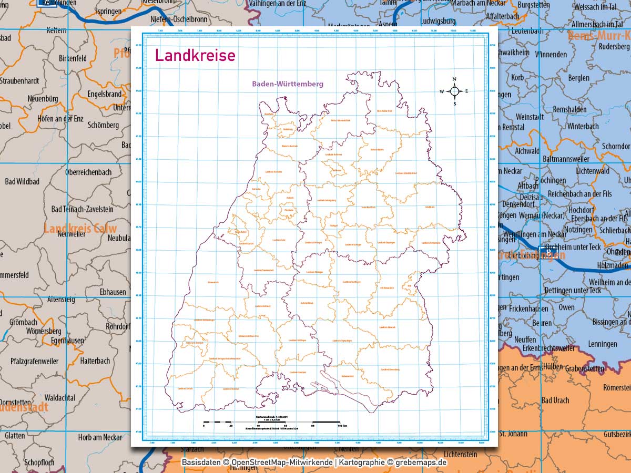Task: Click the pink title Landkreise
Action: [x=195, y=55]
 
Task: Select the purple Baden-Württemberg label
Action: [x=287, y=84]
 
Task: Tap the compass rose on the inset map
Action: [x=455, y=91]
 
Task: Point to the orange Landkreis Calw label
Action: [x=80, y=229]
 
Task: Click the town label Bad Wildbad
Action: [x=22, y=181]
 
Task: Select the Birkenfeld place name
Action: [x=73, y=58]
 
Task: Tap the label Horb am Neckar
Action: [x=100, y=437]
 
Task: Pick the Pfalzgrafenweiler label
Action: [x=34, y=361]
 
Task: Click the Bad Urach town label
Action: [x=555, y=400]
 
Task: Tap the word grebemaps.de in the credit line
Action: [x=420, y=462]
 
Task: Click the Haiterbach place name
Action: [x=95, y=361]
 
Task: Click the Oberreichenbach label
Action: [x=88, y=172]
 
